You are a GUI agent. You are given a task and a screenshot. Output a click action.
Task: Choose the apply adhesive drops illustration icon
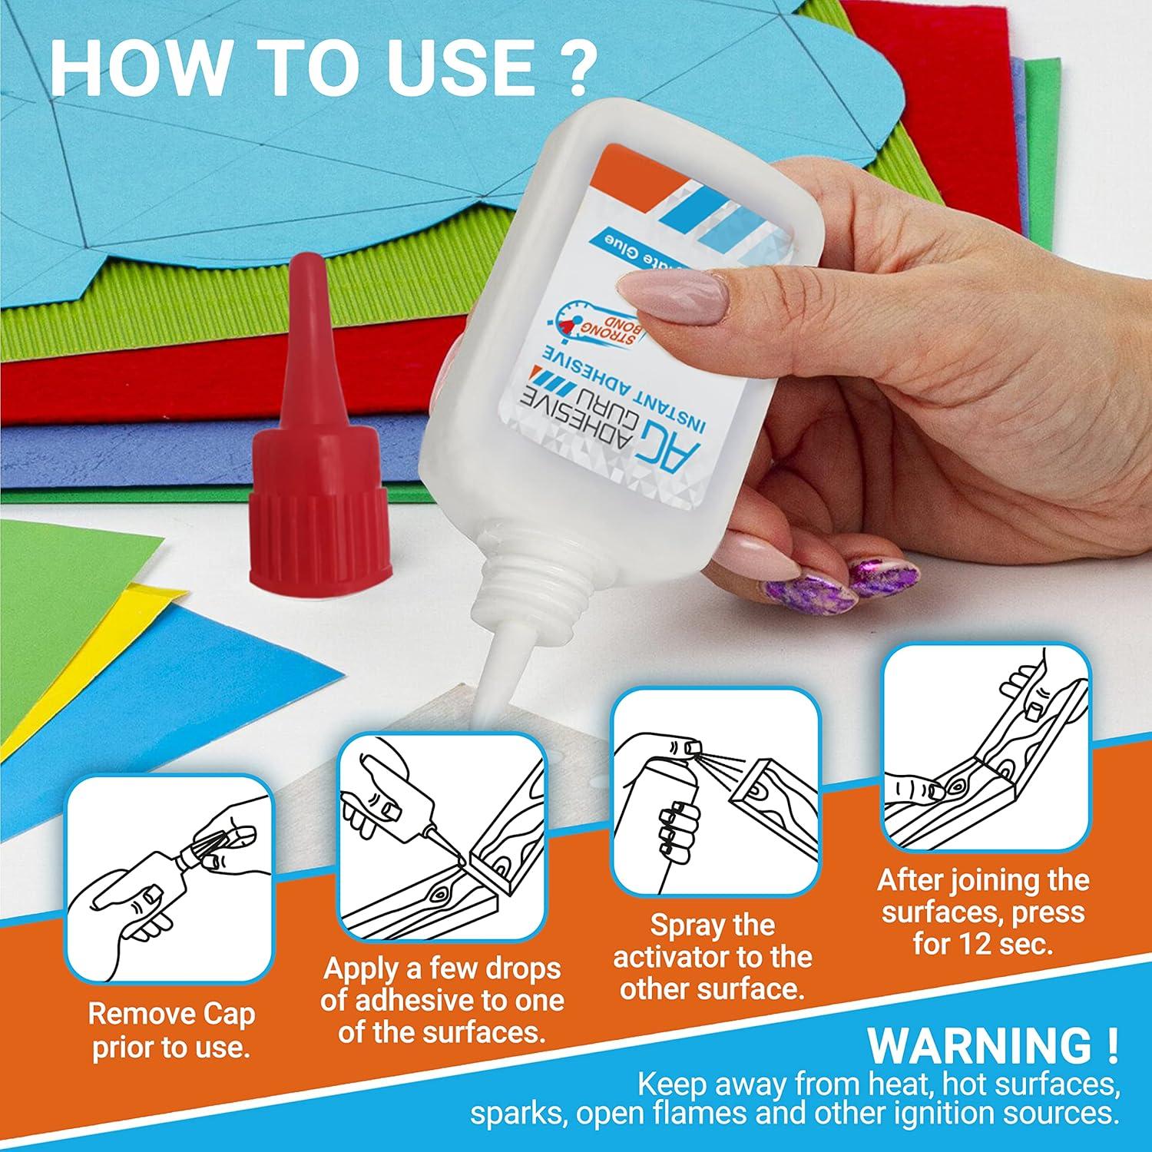pyautogui.click(x=442, y=833)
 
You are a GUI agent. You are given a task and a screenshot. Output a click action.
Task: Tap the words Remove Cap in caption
pyautogui.click(x=170, y=1015)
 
